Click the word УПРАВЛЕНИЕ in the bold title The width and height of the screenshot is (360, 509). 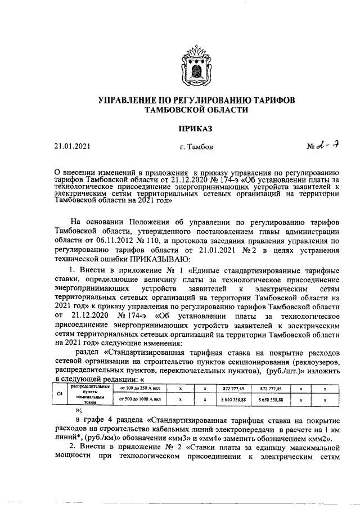point(130,100)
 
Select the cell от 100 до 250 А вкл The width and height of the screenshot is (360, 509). point(137,389)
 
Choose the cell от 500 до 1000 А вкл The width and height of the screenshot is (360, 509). point(137,399)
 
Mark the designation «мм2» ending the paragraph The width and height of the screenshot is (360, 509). point(322,439)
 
